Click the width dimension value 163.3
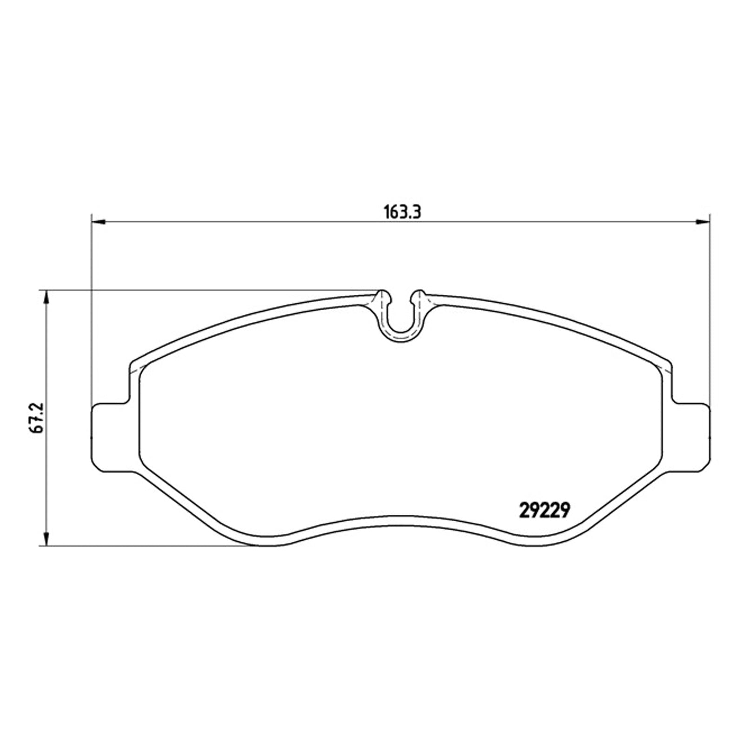coord(402,213)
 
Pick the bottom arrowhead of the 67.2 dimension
coord(46,537)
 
